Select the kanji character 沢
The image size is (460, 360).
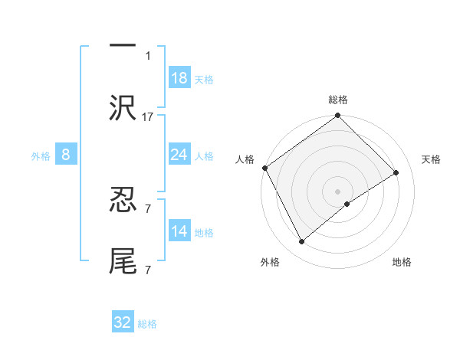[x=123, y=108]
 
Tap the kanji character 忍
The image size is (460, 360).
[x=123, y=200]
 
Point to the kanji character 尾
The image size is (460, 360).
[x=123, y=261]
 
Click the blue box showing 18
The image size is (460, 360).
[x=179, y=78]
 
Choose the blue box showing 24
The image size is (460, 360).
[x=179, y=155]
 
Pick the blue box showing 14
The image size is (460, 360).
[x=179, y=231]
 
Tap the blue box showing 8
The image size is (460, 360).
[x=66, y=155]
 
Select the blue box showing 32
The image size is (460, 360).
[x=123, y=322]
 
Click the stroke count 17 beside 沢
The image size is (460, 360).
[x=148, y=117]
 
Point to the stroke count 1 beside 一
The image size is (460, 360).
[x=148, y=55]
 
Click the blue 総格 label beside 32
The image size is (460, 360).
[x=147, y=324]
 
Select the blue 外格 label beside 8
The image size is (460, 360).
[x=41, y=156]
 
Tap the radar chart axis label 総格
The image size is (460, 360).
[x=337, y=100]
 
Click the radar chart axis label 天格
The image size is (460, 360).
[x=432, y=159]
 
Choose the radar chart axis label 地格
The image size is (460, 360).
[x=402, y=262]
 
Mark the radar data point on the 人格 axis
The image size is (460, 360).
[x=264, y=168]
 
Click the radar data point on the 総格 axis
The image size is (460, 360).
[x=337, y=116]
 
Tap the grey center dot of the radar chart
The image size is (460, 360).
[x=337, y=190]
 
